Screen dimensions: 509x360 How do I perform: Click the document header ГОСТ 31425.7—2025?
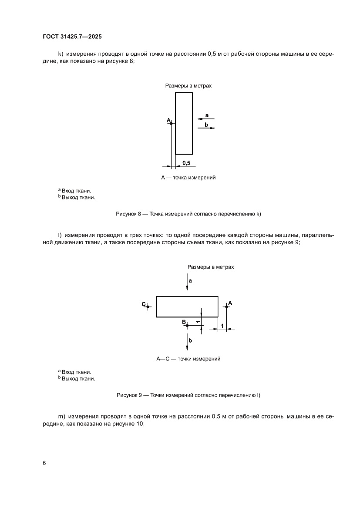72,37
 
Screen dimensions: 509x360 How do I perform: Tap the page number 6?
44,463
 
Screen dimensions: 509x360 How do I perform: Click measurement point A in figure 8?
171,124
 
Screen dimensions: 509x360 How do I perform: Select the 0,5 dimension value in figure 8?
186,163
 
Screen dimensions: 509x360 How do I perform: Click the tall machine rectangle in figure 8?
184,123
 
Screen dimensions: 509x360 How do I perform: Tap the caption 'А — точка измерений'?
188,178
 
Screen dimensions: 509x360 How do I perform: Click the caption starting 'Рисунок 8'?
188,214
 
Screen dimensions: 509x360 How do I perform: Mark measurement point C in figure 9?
148,307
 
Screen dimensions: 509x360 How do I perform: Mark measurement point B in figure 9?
187,325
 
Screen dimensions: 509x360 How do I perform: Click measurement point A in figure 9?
226,307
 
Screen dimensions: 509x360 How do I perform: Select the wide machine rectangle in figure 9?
187,307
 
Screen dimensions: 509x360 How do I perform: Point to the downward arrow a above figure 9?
187,282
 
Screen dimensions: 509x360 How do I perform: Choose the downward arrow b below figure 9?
187,341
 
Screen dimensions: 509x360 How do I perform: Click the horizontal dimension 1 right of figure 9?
222,326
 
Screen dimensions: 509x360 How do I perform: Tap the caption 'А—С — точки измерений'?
188,359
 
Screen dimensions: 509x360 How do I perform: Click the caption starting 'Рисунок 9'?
188,395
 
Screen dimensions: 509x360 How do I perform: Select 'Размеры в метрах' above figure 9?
210,267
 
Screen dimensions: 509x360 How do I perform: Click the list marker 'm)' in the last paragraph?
61,417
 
